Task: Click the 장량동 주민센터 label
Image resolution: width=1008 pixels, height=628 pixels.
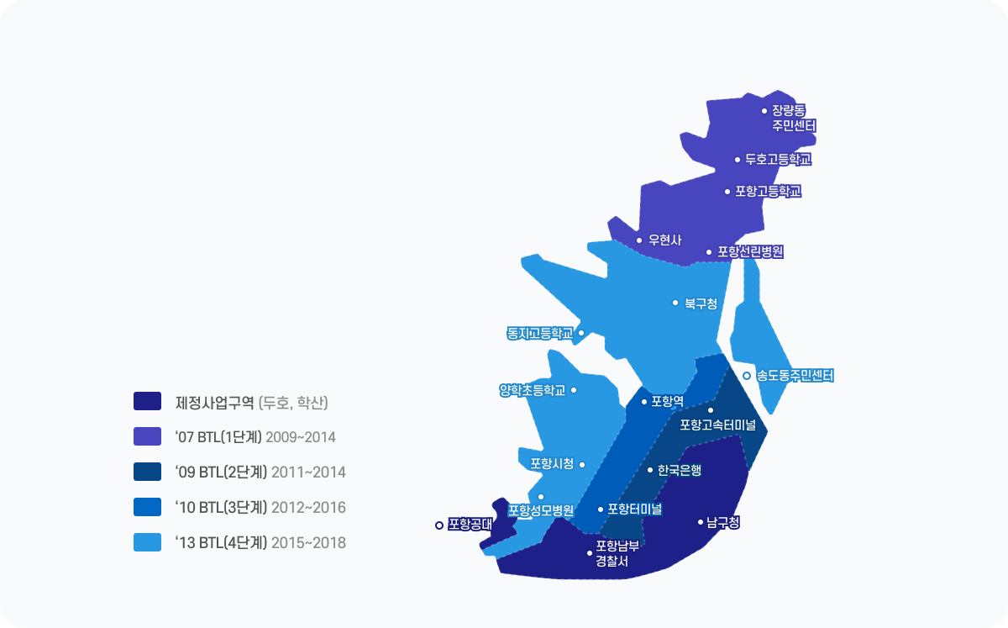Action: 794,118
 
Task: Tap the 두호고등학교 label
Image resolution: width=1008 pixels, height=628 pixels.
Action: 778,159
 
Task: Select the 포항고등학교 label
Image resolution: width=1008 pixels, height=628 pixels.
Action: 768,191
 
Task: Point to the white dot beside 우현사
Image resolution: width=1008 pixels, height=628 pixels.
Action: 639,240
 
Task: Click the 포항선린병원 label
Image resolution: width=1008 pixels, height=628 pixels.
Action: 750,251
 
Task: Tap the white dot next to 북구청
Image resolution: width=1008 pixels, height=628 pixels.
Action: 675,303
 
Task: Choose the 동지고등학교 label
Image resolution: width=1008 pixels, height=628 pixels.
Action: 539,333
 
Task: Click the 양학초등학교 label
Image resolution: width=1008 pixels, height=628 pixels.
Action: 532,390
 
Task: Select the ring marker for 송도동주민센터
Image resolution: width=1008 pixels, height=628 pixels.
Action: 746,376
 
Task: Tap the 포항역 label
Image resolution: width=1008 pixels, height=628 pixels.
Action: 667,401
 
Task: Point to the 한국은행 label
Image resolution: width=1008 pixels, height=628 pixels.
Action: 679,470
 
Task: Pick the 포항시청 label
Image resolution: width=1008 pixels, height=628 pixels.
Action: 552,463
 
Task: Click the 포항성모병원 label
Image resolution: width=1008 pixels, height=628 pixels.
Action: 540,510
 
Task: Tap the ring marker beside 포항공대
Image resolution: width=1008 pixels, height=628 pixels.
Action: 438,525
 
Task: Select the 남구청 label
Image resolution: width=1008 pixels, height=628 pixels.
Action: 723,522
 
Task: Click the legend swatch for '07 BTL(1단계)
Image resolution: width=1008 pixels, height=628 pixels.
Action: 147,436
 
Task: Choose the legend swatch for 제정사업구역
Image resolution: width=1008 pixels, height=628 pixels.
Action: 147,401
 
